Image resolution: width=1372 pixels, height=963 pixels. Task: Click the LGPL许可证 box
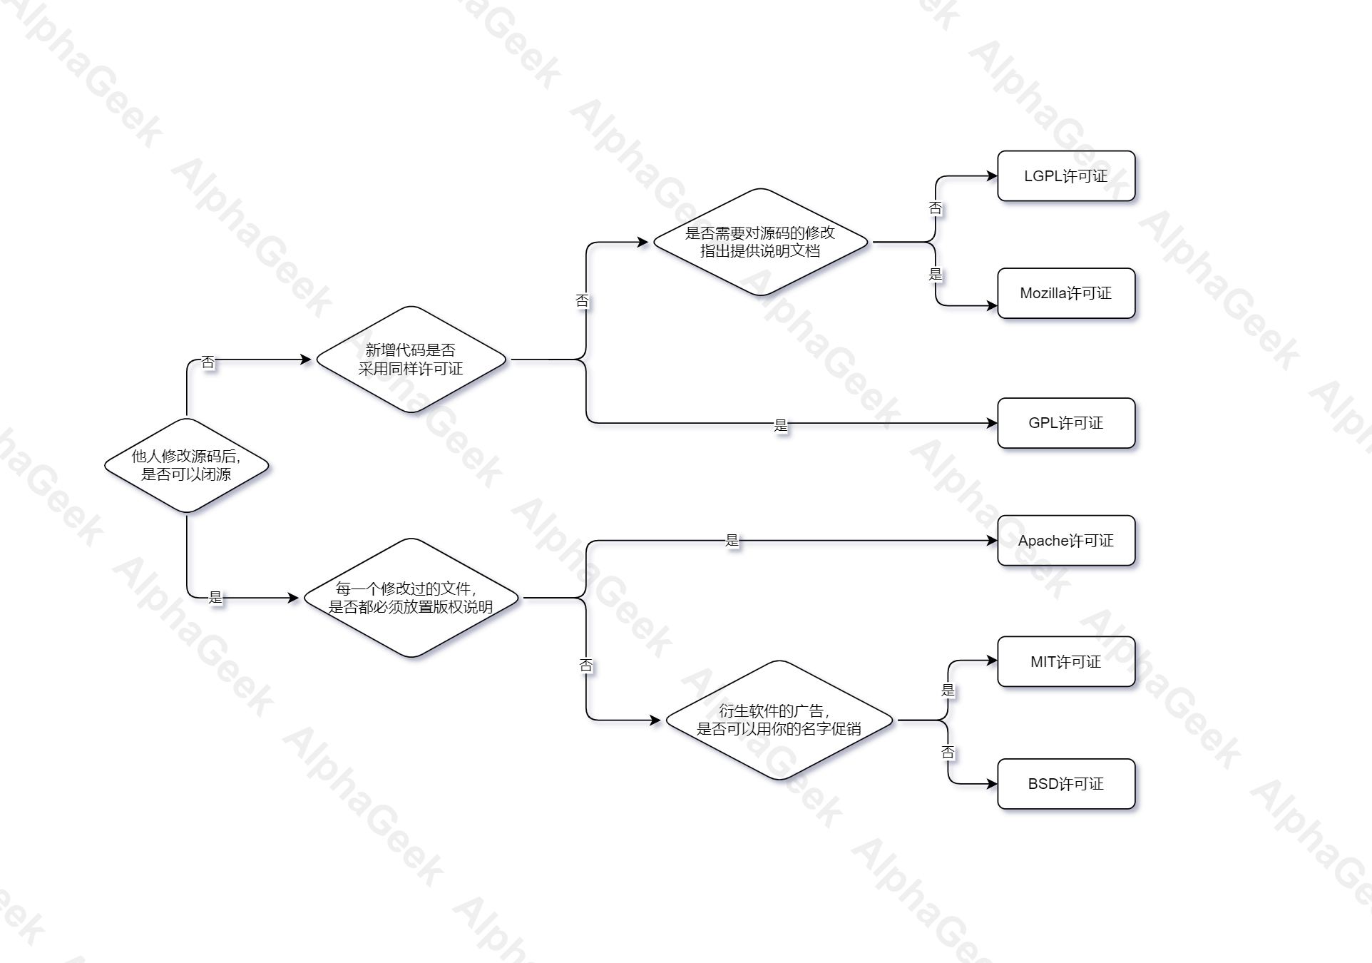click(x=1065, y=176)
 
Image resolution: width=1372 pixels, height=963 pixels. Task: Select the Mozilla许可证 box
click(x=1065, y=293)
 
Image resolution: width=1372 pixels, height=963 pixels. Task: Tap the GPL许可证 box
click(x=1065, y=423)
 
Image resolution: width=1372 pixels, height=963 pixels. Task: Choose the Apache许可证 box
click(x=1065, y=541)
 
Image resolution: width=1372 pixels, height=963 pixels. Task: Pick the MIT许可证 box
click(x=1065, y=662)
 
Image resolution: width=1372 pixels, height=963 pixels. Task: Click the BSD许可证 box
click(x=1065, y=784)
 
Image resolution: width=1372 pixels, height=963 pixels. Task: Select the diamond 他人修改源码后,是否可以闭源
click(x=187, y=465)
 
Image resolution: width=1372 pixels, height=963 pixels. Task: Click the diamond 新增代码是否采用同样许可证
click(x=411, y=360)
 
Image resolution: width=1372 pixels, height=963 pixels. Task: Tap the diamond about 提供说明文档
click(x=760, y=242)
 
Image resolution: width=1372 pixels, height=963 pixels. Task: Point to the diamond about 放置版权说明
click(x=411, y=598)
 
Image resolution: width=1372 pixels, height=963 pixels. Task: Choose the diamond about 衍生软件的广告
click(x=779, y=720)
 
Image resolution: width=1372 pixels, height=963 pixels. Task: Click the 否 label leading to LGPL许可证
click(x=936, y=208)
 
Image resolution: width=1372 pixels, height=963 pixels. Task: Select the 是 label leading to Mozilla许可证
click(x=936, y=275)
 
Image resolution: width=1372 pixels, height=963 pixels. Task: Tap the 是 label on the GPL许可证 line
click(x=781, y=426)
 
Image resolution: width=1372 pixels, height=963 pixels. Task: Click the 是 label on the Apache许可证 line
click(x=732, y=541)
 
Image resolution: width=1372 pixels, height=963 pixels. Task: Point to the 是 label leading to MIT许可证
click(x=948, y=690)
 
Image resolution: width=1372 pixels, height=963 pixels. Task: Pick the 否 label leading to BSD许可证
click(x=948, y=752)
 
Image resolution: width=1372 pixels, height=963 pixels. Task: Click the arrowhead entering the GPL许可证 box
click(x=992, y=423)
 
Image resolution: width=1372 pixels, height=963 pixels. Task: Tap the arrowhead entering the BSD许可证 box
click(x=992, y=784)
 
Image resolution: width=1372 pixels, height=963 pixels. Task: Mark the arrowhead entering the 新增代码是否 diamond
click(x=307, y=360)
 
